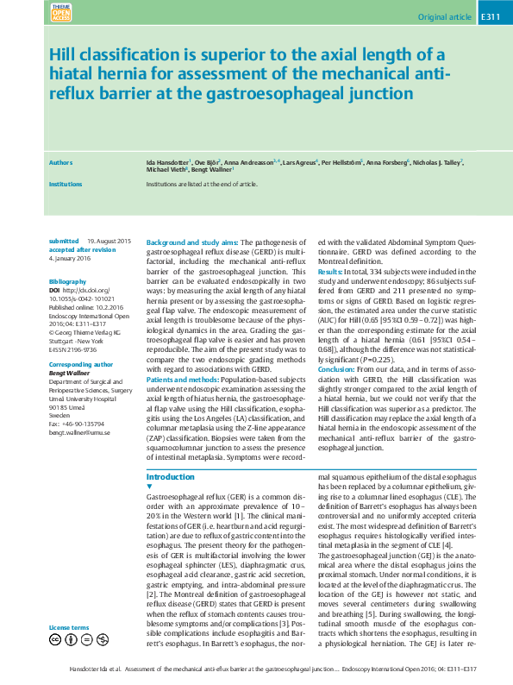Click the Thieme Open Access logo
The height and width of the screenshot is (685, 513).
(x=61, y=14)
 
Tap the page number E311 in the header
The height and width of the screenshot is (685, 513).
(x=490, y=16)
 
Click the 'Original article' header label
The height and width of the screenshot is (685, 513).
(x=444, y=16)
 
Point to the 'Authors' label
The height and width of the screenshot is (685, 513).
(x=60, y=162)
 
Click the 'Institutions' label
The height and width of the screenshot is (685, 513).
(x=66, y=184)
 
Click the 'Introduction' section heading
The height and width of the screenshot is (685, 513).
(x=171, y=477)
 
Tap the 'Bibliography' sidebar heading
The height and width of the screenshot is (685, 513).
(x=67, y=282)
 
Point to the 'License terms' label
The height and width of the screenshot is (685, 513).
(x=69, y=627)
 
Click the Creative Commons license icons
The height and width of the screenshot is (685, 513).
(x=79, y=639)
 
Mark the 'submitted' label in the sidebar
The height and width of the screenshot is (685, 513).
(x=64, y=241)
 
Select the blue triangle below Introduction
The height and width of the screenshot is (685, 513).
(x=150, y=487)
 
